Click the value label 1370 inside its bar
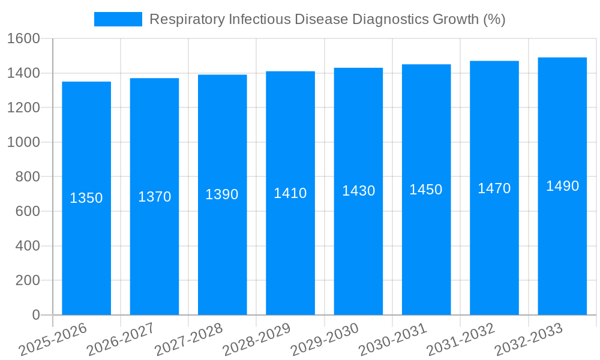[x=155, y=197]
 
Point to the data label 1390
[x=222, y=194]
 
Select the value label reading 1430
[x=359, y=191]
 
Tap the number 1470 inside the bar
[x=494, y=188]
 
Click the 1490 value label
[x=562, y=186]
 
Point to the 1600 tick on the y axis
[x=23, y=39]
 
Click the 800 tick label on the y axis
[x=28, y=177]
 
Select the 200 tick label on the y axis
[x=28, y=280]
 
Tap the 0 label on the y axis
[x=35, y=315]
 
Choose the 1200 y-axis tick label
[x=23, y=108]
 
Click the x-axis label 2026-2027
[x=121, y=340]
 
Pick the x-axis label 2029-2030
[x=325, y=340]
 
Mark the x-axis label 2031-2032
[x=460, y=340]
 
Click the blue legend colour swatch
[x=118, y=19]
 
